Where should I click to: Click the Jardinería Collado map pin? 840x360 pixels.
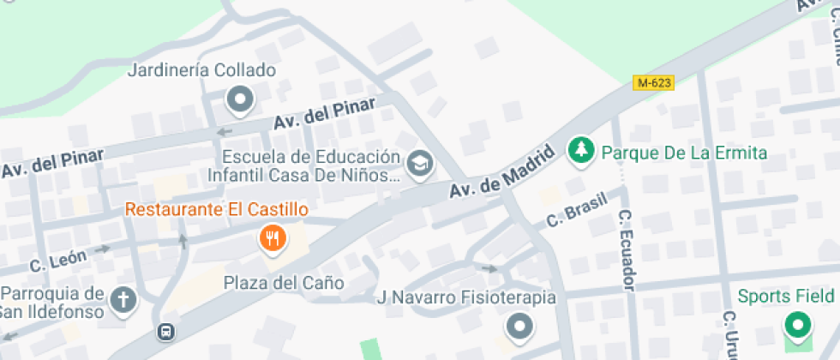pos(240,101)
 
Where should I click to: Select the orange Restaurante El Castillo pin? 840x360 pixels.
pos(273,238)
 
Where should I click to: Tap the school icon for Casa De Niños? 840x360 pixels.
pos(420,163)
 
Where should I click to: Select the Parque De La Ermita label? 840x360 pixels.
pos(684,153)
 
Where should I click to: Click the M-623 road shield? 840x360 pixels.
pos(653,83)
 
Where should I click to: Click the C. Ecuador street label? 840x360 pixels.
pos(627,249)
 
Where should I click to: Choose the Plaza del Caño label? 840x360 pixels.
pos(284,283)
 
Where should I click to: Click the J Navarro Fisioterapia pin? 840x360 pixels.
pos(519,326)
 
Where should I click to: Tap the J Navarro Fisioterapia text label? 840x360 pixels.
pos(467,298)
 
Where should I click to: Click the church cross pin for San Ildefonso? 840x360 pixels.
pos(124,300)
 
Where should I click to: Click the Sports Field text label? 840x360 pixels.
pos(786,297)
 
